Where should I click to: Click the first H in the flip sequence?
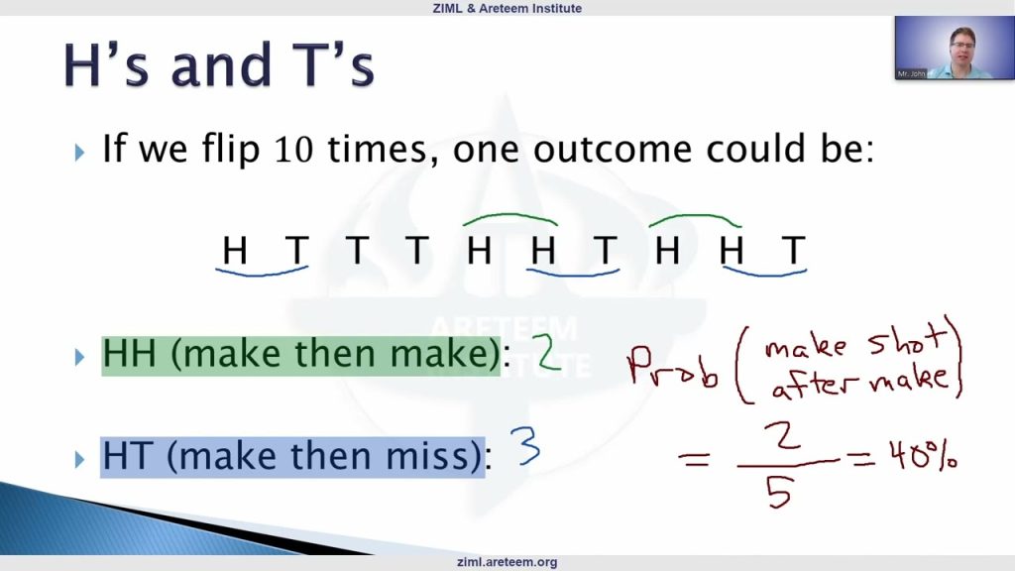(234, 250)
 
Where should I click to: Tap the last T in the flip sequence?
(794, 250)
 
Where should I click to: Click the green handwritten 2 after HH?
(546, 352)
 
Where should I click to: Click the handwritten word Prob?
(673, 367)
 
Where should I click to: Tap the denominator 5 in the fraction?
(779, 494)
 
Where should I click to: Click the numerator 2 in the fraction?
(783, 436)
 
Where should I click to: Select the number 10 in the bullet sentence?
(294, 149)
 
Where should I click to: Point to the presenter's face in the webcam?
(962, 46)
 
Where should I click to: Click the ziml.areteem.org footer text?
(507, 562)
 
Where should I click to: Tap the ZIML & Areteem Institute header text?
(507, 8)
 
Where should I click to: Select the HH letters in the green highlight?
(130, 354)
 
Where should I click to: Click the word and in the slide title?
(220, 64)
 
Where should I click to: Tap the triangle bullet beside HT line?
(79, 459)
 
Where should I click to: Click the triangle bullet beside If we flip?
(79, 153)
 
